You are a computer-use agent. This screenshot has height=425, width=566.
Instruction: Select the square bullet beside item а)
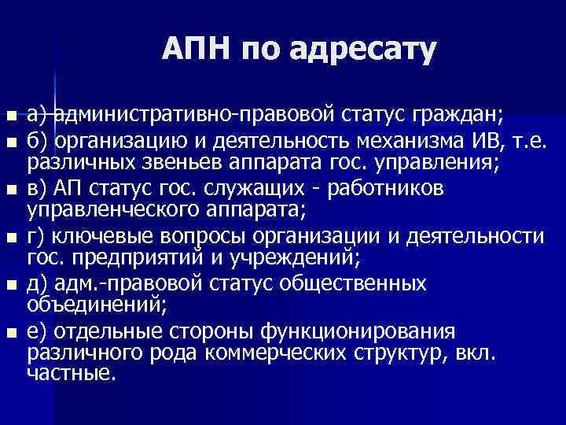[9, 118]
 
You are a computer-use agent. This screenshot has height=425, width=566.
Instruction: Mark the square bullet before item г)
[9, 236]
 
